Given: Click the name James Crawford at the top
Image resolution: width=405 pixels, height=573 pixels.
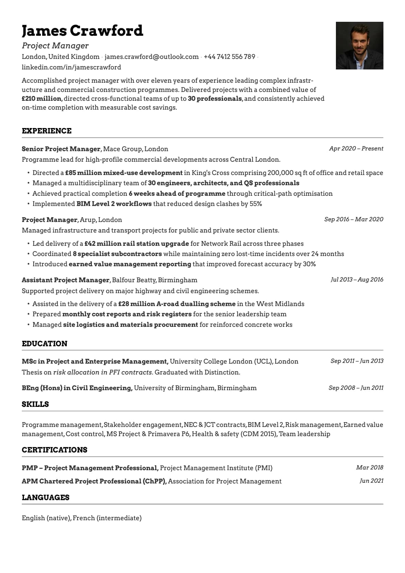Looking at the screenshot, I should point(82,31).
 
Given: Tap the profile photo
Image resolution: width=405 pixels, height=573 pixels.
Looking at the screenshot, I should point(359,46).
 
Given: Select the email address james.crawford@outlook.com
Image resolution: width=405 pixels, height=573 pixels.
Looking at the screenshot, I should point(151,57).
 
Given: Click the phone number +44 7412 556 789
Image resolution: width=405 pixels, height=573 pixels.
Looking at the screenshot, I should point(229,57).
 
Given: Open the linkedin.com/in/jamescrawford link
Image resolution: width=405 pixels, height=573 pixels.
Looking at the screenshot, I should point(71,67).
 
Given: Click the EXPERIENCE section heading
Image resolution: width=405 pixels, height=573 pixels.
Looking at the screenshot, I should point(47,131).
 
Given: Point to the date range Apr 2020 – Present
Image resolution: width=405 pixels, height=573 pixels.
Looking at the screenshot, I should point(356,148).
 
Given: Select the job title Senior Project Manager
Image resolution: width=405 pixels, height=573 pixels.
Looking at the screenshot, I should point(61,149).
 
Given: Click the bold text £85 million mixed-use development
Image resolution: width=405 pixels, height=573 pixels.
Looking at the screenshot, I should point(124,173).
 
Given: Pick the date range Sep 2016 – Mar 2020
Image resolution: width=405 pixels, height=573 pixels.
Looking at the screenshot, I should point(354,219).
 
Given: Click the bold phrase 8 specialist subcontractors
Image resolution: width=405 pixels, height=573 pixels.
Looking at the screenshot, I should point(117,254).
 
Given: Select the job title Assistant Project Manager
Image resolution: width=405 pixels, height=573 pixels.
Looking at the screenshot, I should point(66,280).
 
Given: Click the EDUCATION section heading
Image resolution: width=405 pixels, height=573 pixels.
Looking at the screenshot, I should point(45,344).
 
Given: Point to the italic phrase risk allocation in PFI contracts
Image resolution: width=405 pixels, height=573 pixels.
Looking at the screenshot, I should point(103,372).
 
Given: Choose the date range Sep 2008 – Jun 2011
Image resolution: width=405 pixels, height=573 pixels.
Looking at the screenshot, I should point(356,388).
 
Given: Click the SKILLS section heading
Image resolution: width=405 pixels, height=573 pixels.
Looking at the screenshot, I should point(35,404).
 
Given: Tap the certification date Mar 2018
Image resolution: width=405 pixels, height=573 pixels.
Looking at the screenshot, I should point(370,467).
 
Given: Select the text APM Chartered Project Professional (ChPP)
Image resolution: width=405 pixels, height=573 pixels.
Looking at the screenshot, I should point(94,481).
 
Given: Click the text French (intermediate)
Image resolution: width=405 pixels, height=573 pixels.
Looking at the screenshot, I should point(107,518).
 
